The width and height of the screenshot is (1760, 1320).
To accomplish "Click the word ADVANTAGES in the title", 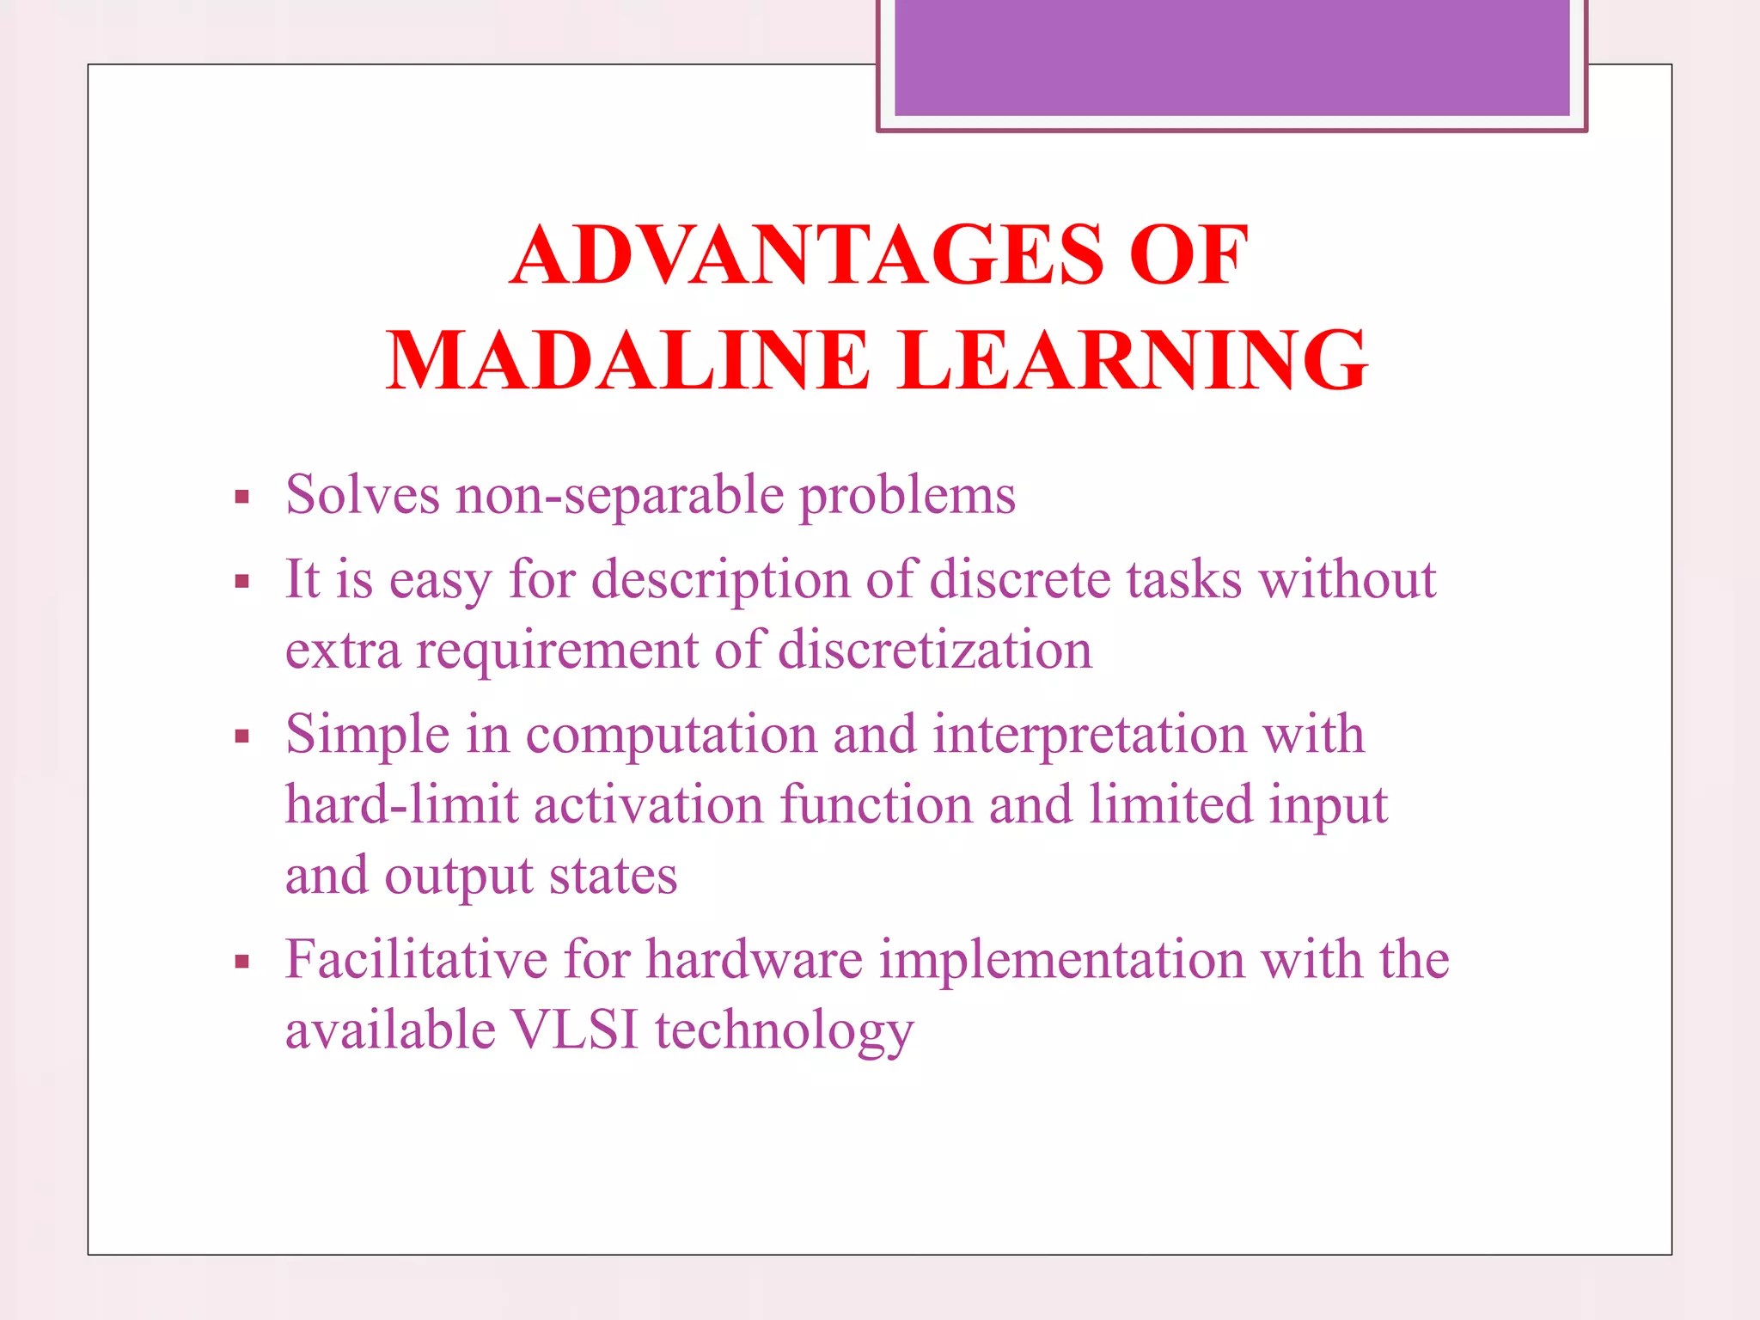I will pos(806,255).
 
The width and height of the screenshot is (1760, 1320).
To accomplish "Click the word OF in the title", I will pos(1189,255).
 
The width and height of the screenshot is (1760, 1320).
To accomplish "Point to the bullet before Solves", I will pos(242,497).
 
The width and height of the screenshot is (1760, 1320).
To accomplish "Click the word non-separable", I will pos(620,497).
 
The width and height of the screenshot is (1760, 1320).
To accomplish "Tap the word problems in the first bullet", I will pos(907,497).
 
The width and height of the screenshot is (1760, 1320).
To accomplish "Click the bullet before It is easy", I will pos(242,582).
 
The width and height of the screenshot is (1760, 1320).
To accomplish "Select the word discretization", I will pos(935,650).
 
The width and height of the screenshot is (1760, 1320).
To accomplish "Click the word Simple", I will pos(368,736).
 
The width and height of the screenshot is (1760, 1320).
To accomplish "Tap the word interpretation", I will pos(1090,736).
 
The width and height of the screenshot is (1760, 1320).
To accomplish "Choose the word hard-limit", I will pos(401,805).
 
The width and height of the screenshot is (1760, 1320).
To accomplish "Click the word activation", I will pos(649,805).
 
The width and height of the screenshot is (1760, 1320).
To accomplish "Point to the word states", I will pos(613,876).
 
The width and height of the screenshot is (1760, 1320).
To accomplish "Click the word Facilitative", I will pos(417,959).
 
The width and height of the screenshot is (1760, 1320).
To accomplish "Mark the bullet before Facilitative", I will pos(242,962).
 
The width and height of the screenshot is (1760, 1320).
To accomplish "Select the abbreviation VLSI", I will pos(575,1030).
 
